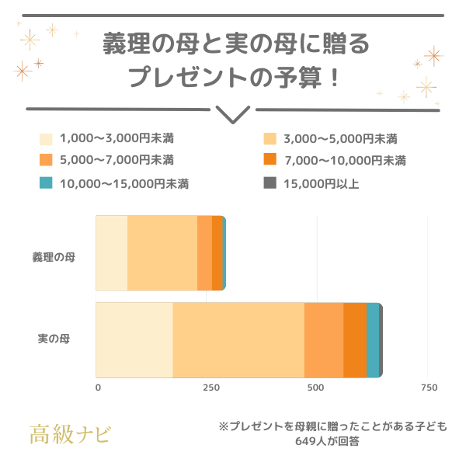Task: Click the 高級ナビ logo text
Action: tap(70, 433)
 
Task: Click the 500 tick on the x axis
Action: tap(315, 388)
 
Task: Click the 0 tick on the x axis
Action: tap(98, 388)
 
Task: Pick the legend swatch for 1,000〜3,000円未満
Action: tap(46, 140)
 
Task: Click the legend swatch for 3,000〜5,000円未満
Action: tap(270, 140)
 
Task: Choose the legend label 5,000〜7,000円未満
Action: tap(116, 161)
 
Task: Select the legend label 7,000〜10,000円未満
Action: tap(345, 161)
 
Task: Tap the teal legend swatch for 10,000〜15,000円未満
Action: tap(46, 183)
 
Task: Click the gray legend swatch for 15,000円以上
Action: tap(270, 183)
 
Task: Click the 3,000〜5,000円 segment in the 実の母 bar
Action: tap(238, 339)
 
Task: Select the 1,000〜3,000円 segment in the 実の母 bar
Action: tap(134, 339)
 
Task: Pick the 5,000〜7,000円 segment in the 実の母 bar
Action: tap(324, 339)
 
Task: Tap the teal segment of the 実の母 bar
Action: tap(372, 339)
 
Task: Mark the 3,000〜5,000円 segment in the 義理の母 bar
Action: tap(162, 253)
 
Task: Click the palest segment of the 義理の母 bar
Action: tap(111, 253)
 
